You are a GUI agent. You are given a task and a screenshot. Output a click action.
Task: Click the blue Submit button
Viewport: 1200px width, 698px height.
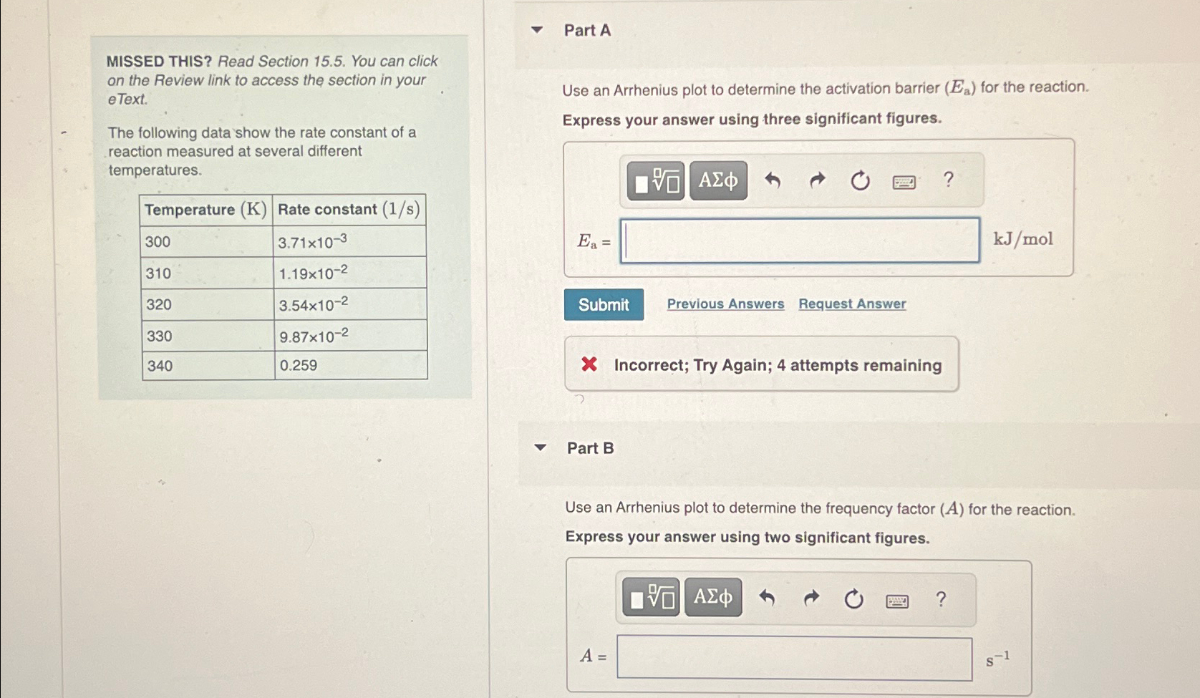604,305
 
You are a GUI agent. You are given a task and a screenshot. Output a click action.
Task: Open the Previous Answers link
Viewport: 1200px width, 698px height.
725,304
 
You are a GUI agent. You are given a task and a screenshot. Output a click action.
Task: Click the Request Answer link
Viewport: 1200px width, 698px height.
852,304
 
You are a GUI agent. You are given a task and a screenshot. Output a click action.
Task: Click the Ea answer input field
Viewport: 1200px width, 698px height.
799,241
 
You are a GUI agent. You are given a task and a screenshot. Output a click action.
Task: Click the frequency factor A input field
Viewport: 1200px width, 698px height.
794,658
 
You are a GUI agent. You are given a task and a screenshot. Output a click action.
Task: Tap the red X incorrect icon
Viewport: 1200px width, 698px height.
589,364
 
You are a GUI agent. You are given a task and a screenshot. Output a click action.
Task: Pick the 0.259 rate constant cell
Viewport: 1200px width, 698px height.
350,366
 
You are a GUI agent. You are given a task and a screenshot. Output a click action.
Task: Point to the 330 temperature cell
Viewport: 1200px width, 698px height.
207,336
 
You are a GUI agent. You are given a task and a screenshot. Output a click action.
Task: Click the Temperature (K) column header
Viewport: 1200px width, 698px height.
205,210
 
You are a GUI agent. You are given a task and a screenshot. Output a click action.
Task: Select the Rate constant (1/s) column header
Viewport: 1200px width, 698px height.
349,210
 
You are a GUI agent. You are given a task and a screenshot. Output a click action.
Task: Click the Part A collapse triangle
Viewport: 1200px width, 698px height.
537,30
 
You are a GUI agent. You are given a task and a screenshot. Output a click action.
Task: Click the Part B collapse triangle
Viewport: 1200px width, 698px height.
541,448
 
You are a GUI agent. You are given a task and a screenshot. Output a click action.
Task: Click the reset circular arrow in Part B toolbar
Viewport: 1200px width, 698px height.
853,598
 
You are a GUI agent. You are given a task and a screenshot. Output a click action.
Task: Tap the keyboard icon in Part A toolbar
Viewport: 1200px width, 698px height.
904,182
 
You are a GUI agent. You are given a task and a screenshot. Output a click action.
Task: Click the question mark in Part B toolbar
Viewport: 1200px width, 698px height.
941,598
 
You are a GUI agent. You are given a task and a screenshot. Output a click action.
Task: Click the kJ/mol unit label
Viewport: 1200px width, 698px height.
1022,239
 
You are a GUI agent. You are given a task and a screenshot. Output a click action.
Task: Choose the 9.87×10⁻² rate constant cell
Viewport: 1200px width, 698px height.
350,336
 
